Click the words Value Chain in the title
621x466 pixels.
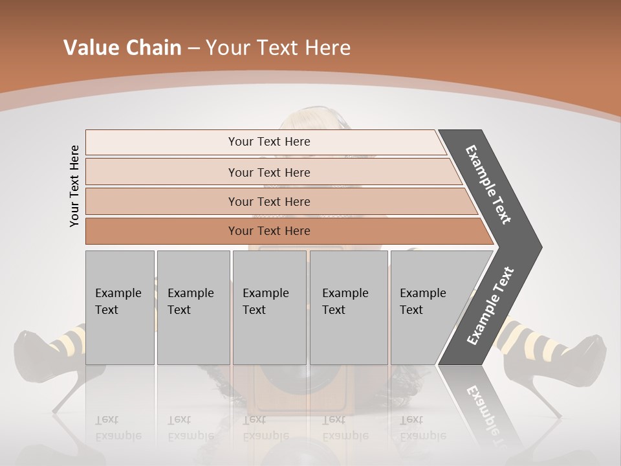tap(122, 48)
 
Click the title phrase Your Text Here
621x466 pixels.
tap(278, 48)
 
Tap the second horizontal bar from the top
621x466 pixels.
tap(269, 172)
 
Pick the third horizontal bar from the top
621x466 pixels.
tap(269, 201)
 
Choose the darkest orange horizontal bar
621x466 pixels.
tap(269, 231)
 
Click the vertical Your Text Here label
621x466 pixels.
tap(74, 186)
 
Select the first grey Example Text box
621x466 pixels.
tap(120, 307)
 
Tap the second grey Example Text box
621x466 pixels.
tap(193, 307)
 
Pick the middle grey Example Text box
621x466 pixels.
tap(269, 307)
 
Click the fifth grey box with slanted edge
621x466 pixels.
tap(427, 307)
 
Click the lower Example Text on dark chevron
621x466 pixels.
tap(490, 305)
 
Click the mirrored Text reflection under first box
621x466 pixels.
tap(107, 419)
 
